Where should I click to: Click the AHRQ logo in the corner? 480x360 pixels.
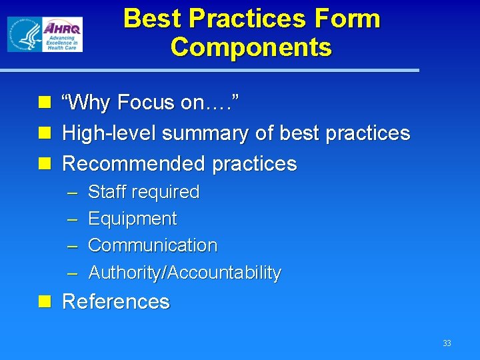pos(45,35)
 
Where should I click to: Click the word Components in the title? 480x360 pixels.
pos(251,47)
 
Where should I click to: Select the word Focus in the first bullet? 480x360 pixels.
pos(145,103)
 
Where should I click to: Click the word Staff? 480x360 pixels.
pos(109,192)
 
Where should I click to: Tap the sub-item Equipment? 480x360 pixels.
pos(132,219)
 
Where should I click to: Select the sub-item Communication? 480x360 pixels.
pos(152,245)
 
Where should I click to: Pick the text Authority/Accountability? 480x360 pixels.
pos(184,273)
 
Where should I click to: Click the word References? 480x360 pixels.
pos(115,302)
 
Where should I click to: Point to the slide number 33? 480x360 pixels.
pos(447,343)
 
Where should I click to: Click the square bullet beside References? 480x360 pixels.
pos(45,302)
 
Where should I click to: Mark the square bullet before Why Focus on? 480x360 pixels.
pos(45,103)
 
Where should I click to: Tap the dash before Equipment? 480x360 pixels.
pos(73,219)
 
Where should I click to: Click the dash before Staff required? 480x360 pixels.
pos(73,193)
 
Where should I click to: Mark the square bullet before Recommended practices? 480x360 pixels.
pos(45,163)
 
